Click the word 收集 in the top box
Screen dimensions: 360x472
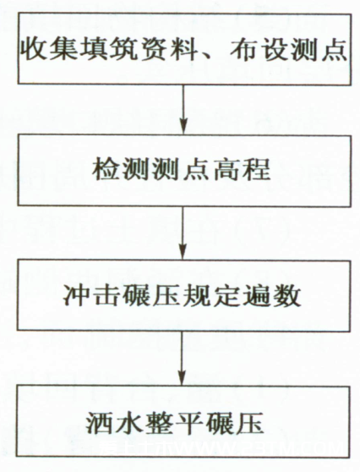(x=52, y=50)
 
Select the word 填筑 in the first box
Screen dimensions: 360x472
(x=110, y=50)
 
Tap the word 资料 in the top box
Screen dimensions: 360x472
(x=169, y=50)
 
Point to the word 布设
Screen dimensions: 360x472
(x=259, y=50)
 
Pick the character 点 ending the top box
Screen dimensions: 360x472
(x=333, y=50)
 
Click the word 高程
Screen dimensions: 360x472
(x=242, y=169)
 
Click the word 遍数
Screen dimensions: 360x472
(x=271, y=295)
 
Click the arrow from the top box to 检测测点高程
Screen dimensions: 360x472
(x=183, y=109)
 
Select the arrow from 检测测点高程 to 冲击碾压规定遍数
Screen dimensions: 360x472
(x=183, y=233)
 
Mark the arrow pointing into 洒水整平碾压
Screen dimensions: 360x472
(x=182, y=358)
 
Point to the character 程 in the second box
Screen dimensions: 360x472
(x=257, y=169)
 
